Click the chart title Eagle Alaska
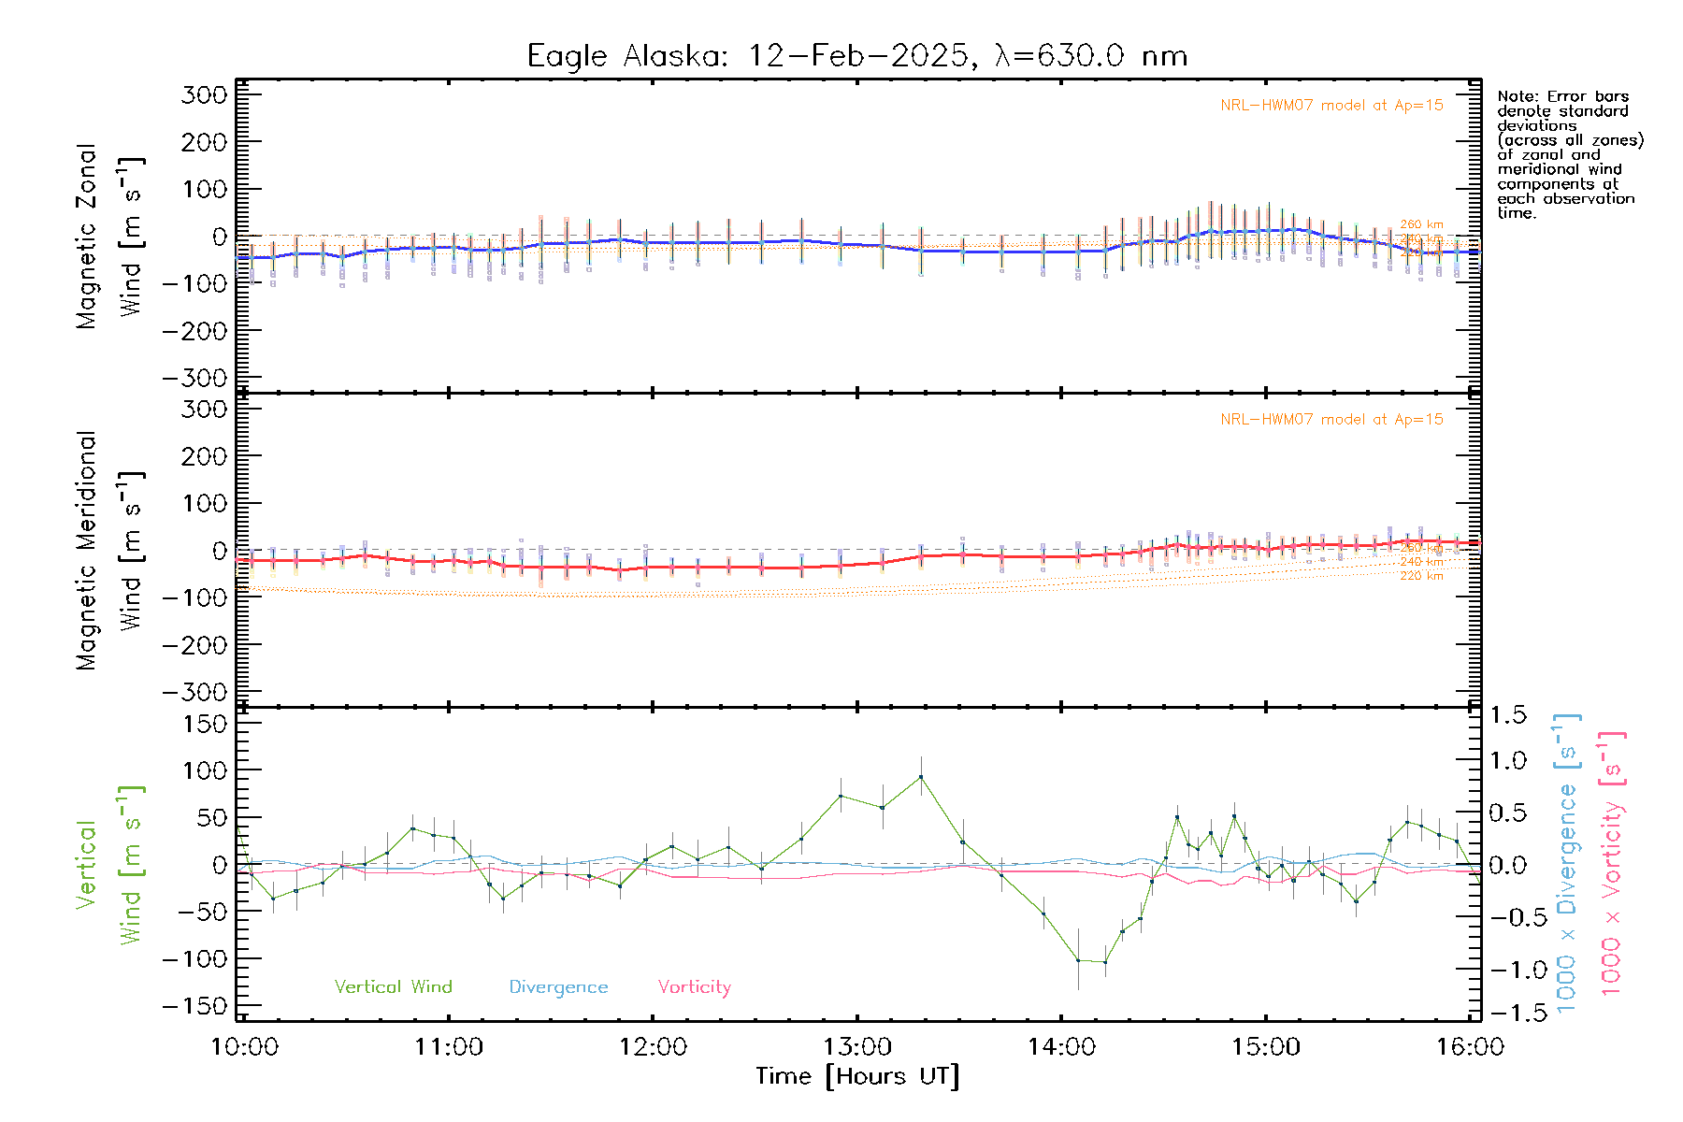tap(856, 56)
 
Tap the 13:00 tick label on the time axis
tap(856, 1046)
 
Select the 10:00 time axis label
tap(245, 1046)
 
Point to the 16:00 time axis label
tap(1470, 1046)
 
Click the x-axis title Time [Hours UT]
tap(857, 1076)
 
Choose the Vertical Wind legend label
tap(393, 986)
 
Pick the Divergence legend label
tap(558, 986)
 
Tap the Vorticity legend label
tap(694, 986)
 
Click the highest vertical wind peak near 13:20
tap(921, 777)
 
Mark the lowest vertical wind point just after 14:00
tap(1105, 962)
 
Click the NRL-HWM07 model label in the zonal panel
tap(1331, 106)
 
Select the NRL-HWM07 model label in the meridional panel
tap(1331, 420)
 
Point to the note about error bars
tap(1569, 154)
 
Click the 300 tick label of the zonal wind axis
tap(205, 95)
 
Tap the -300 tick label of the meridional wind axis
tap(194, 692)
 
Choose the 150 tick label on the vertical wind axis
tap(205, 724)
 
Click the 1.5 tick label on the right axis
tap(1507, 715)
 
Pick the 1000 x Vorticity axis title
tap(1612, 863)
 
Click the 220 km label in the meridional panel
tap(1421, 576)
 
